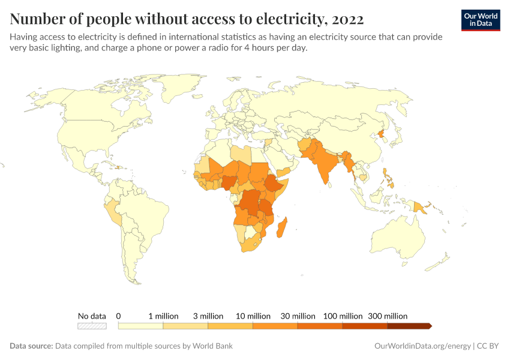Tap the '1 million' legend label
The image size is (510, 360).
[x=163, y=316]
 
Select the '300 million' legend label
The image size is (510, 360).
[x=388, y=316]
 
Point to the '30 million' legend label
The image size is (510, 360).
[x=298, y=316]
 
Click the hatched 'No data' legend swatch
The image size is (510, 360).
[x=92, y=326]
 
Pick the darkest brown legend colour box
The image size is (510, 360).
[x=409, y=326]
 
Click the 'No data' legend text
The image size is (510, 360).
[x=92, y=316]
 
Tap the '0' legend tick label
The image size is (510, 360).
[x=119, y=316]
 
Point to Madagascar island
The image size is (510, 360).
[x=284, y=230]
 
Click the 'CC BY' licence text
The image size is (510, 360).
[x=488, y=346]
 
